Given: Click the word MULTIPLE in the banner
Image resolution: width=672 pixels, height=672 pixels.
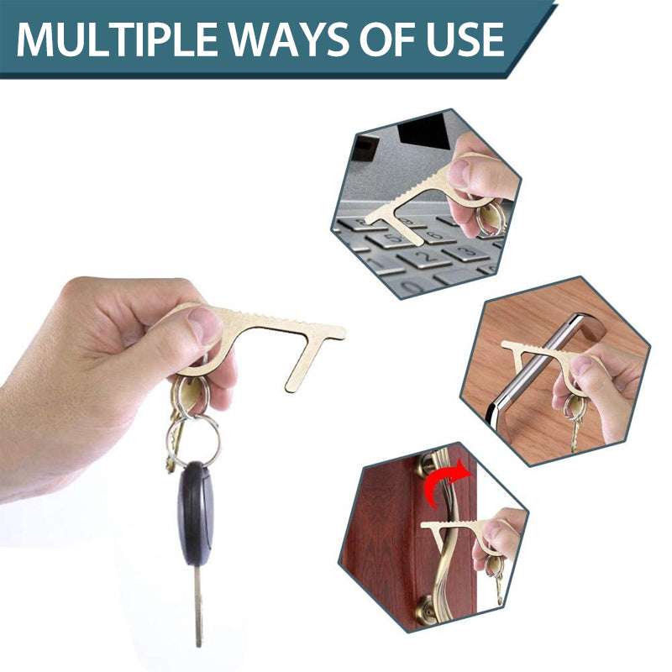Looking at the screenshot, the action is [117, 39].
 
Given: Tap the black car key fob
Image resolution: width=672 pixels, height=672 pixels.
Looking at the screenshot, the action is [196, 513].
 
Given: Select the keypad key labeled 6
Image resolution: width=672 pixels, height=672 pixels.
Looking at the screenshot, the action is [433, 235].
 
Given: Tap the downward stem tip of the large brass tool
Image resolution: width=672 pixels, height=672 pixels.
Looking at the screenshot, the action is [292, 387].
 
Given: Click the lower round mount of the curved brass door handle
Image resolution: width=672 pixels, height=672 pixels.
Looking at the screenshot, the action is [426, 608].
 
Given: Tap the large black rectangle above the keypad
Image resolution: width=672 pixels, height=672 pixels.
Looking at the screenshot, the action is [423, 129].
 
